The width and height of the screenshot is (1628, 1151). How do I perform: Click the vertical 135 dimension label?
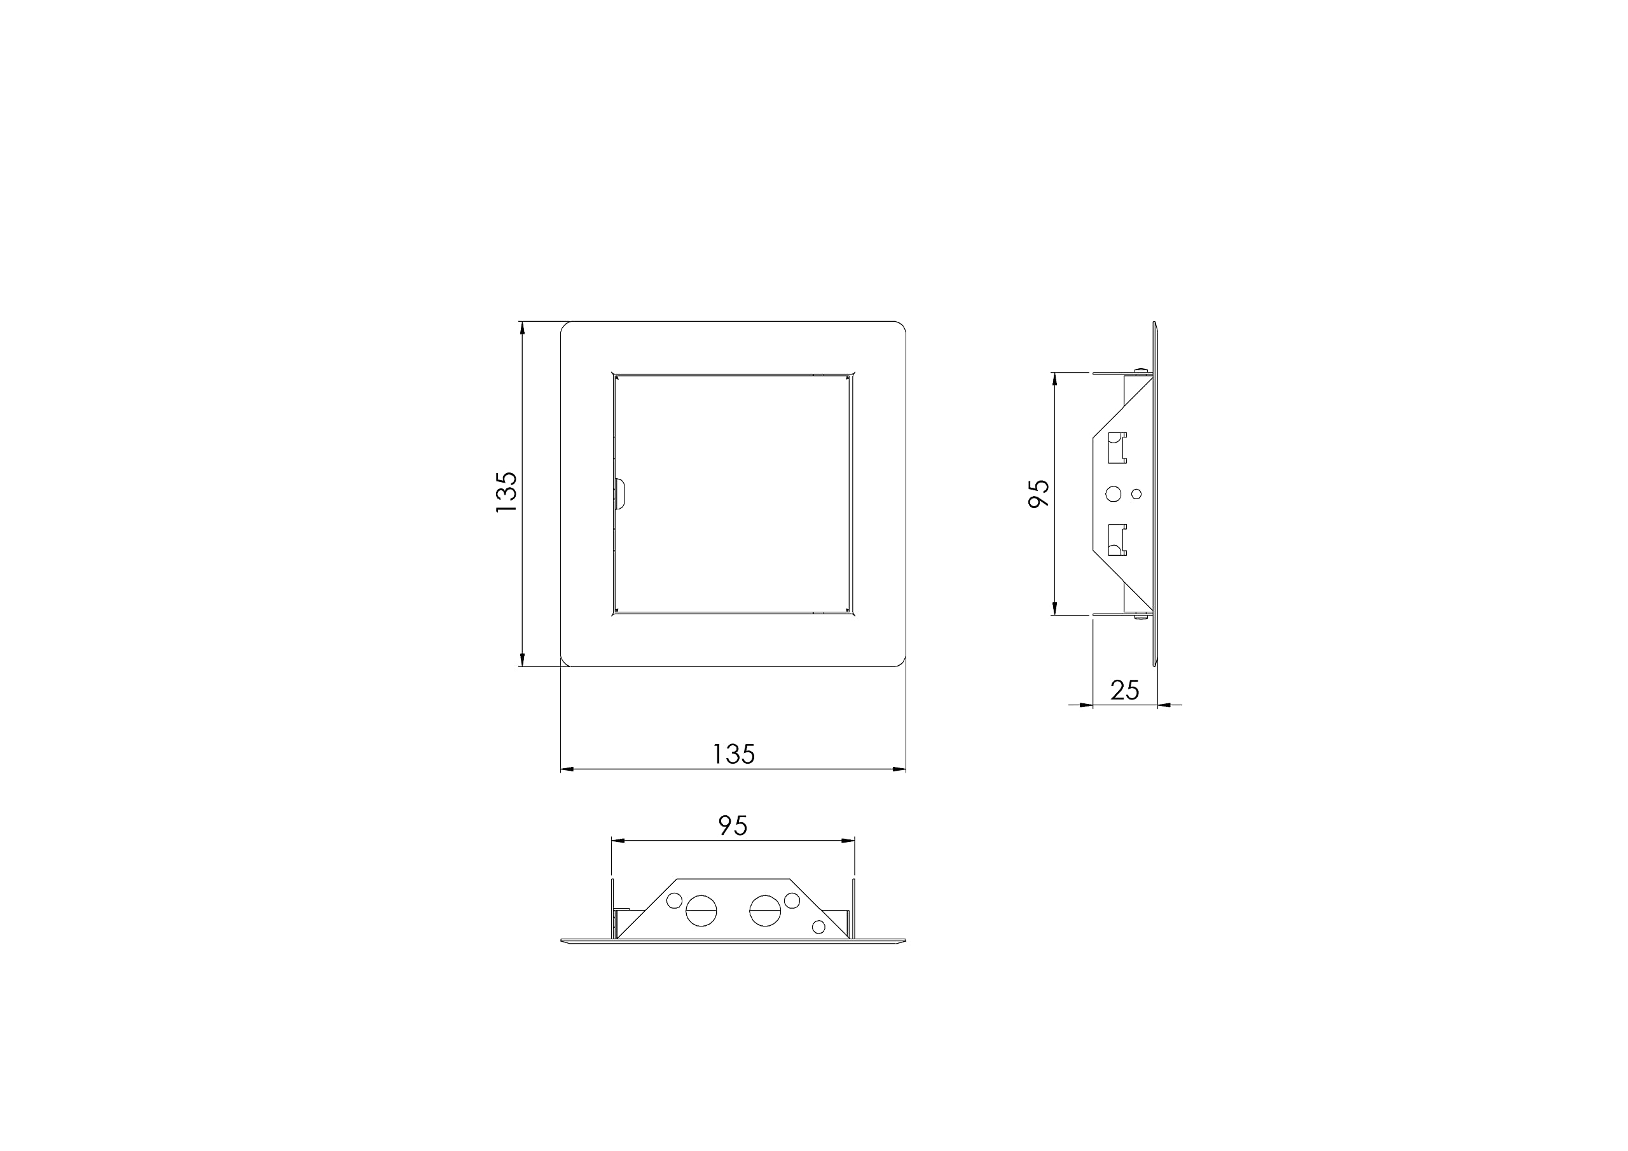pos(506,493)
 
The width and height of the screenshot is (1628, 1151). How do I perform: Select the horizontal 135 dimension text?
pos(733,754)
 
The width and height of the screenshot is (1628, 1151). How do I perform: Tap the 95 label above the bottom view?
pos(733,825)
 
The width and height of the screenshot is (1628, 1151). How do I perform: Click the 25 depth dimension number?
pos(1124,690)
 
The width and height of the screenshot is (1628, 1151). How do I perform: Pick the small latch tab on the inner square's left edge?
pos(619,494)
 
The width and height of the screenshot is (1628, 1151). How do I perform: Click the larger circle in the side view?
pos(1114,493)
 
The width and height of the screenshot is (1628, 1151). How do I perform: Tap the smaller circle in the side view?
pos(1136,493)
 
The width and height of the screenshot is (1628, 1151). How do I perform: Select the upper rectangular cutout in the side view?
pos(1117,448)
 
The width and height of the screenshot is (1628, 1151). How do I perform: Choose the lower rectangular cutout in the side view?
pos(1117,540)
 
